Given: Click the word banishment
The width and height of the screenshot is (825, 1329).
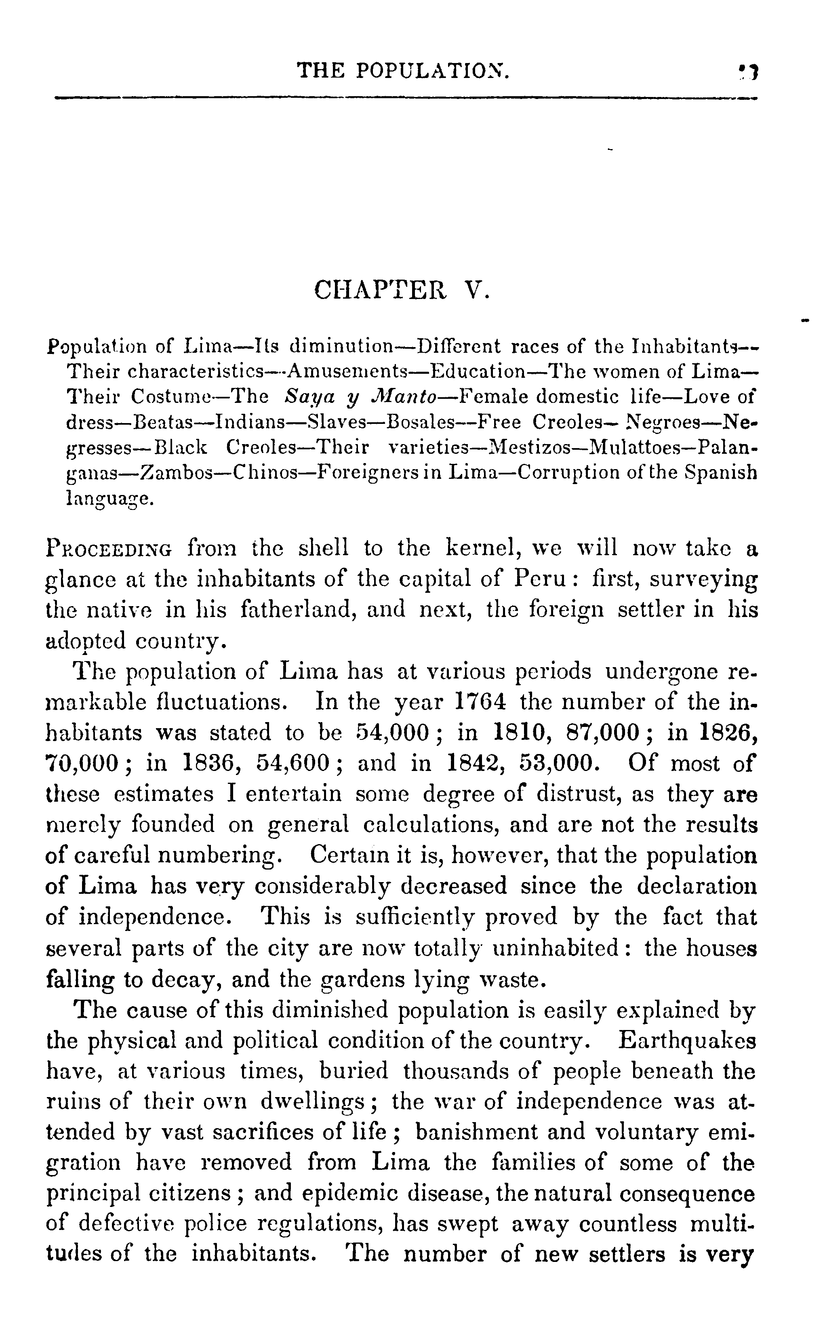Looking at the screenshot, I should coord(478,1133).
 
